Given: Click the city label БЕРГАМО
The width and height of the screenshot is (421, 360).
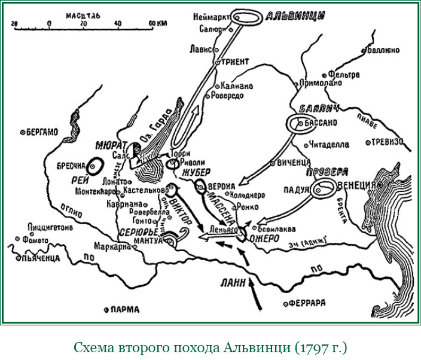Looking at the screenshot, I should [42, 132].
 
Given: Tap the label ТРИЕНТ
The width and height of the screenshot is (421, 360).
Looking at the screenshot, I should [235, 62].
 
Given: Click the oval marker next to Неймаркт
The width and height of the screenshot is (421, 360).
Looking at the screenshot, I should [246, 18].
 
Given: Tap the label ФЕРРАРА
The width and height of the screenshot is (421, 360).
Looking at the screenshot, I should [306, 303].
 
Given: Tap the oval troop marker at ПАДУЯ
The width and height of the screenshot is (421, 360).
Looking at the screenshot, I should [324, 190].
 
